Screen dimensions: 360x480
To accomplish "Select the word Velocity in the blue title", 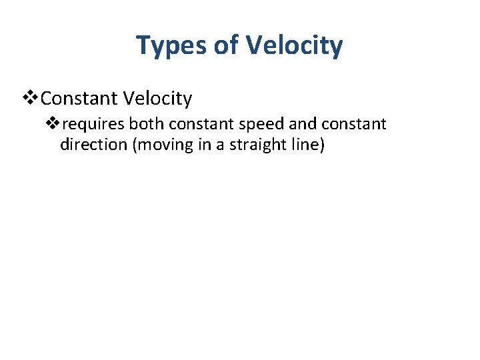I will tap(295, 46).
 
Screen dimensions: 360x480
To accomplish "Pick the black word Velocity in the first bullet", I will tap(159, 99).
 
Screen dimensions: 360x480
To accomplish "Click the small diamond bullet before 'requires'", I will tap(53, 124).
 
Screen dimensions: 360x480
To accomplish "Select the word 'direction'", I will tap(94, 145).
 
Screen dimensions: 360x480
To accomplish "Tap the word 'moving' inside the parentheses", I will tap(161, 145).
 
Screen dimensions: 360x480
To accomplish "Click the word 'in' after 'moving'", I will tap(200, 145).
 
